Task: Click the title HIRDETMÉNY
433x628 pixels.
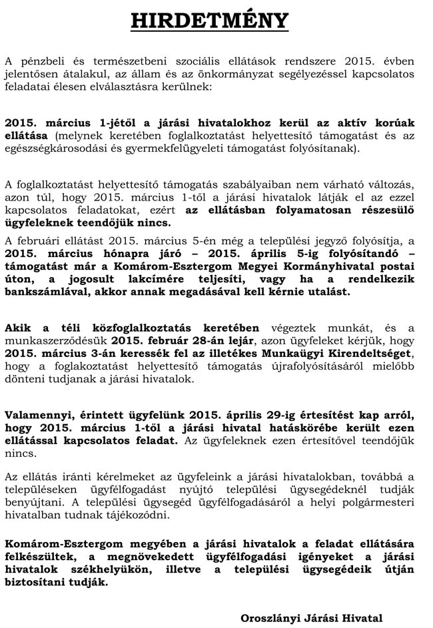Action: coord(210,20)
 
